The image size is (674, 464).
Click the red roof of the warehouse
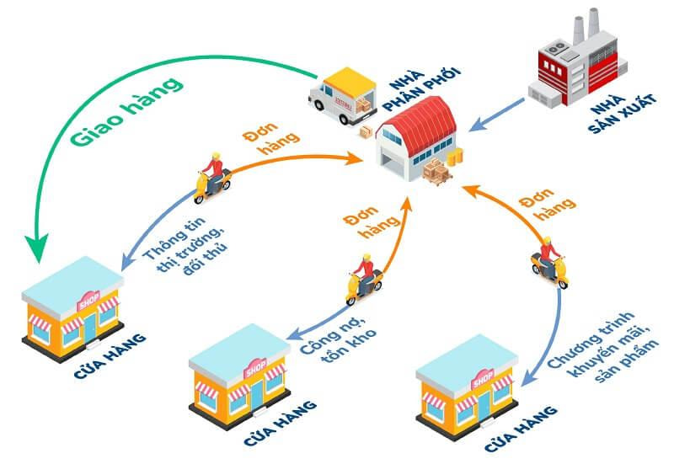tap(425, 123)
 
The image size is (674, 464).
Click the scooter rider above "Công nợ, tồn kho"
tap(363, 278)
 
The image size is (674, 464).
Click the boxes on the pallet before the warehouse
tap(437, 172)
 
